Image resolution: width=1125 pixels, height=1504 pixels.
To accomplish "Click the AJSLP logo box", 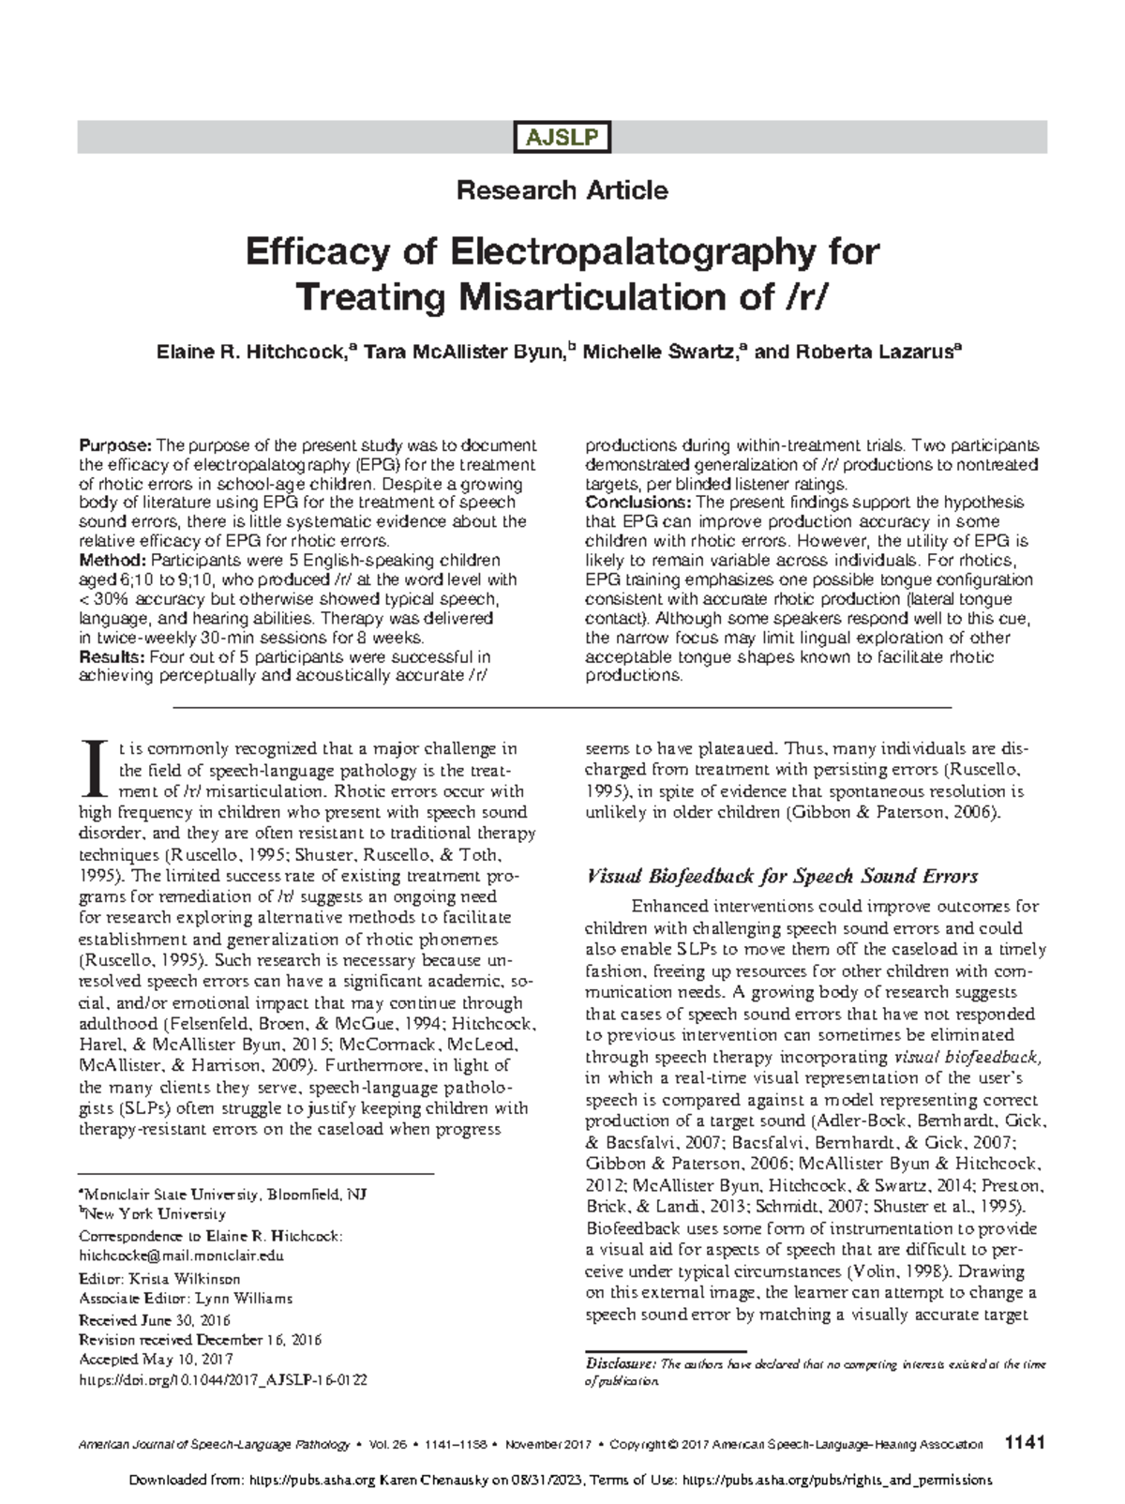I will tap(562, 138).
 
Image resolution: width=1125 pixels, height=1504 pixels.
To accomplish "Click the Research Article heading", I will tap(562, 190).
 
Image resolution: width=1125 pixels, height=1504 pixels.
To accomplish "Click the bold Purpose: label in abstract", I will tap(113, 445).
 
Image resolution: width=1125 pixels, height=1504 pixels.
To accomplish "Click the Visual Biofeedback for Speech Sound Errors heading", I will tap(782, 877).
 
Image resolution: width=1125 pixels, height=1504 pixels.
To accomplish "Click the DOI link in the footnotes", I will tap(223, 1380).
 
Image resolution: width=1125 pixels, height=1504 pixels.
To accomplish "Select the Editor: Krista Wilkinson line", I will tap(160, 1279).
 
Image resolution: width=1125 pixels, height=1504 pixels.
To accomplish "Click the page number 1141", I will tap(1023, 1444).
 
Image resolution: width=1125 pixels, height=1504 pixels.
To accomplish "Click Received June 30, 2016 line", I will tap(155, 1319).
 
